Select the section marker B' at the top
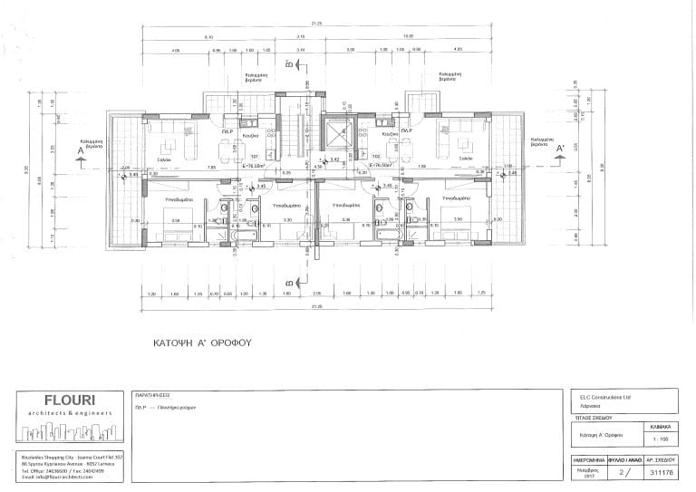(288, 64)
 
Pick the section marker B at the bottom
(288, 284)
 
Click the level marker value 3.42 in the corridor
(333, 159)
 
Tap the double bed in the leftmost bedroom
(174, 219)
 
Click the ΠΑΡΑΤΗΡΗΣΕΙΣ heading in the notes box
(154, 396)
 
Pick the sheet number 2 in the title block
(620, 472)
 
